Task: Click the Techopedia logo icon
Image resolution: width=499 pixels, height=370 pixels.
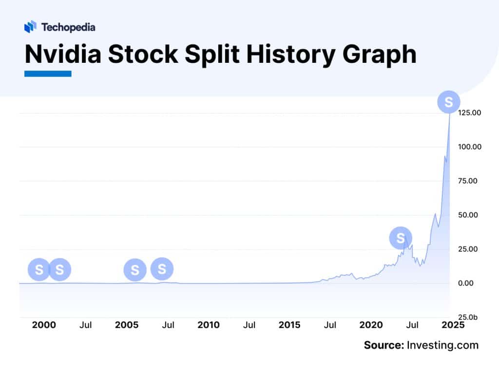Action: [x=30, y=27]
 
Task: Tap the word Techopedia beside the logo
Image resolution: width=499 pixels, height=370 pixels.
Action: [x=68, y=27]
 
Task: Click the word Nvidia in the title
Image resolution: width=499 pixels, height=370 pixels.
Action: [x=63, y=55]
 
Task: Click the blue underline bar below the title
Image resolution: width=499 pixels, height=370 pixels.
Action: [x=48, y=74]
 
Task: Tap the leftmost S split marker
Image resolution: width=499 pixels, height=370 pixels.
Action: [x=39, y=269]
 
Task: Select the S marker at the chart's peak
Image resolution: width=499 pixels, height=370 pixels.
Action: [x=448, y=102]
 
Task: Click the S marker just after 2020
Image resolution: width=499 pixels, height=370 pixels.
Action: [x=401, y=238]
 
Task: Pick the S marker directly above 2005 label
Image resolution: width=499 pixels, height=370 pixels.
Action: [x=135, y=270]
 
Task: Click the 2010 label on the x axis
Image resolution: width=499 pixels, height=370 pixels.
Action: [x=209, y=325]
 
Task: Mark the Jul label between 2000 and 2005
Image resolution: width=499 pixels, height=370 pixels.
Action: [x=86, y=325]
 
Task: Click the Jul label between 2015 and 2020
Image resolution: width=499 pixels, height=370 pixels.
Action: [x=331, y=325]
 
